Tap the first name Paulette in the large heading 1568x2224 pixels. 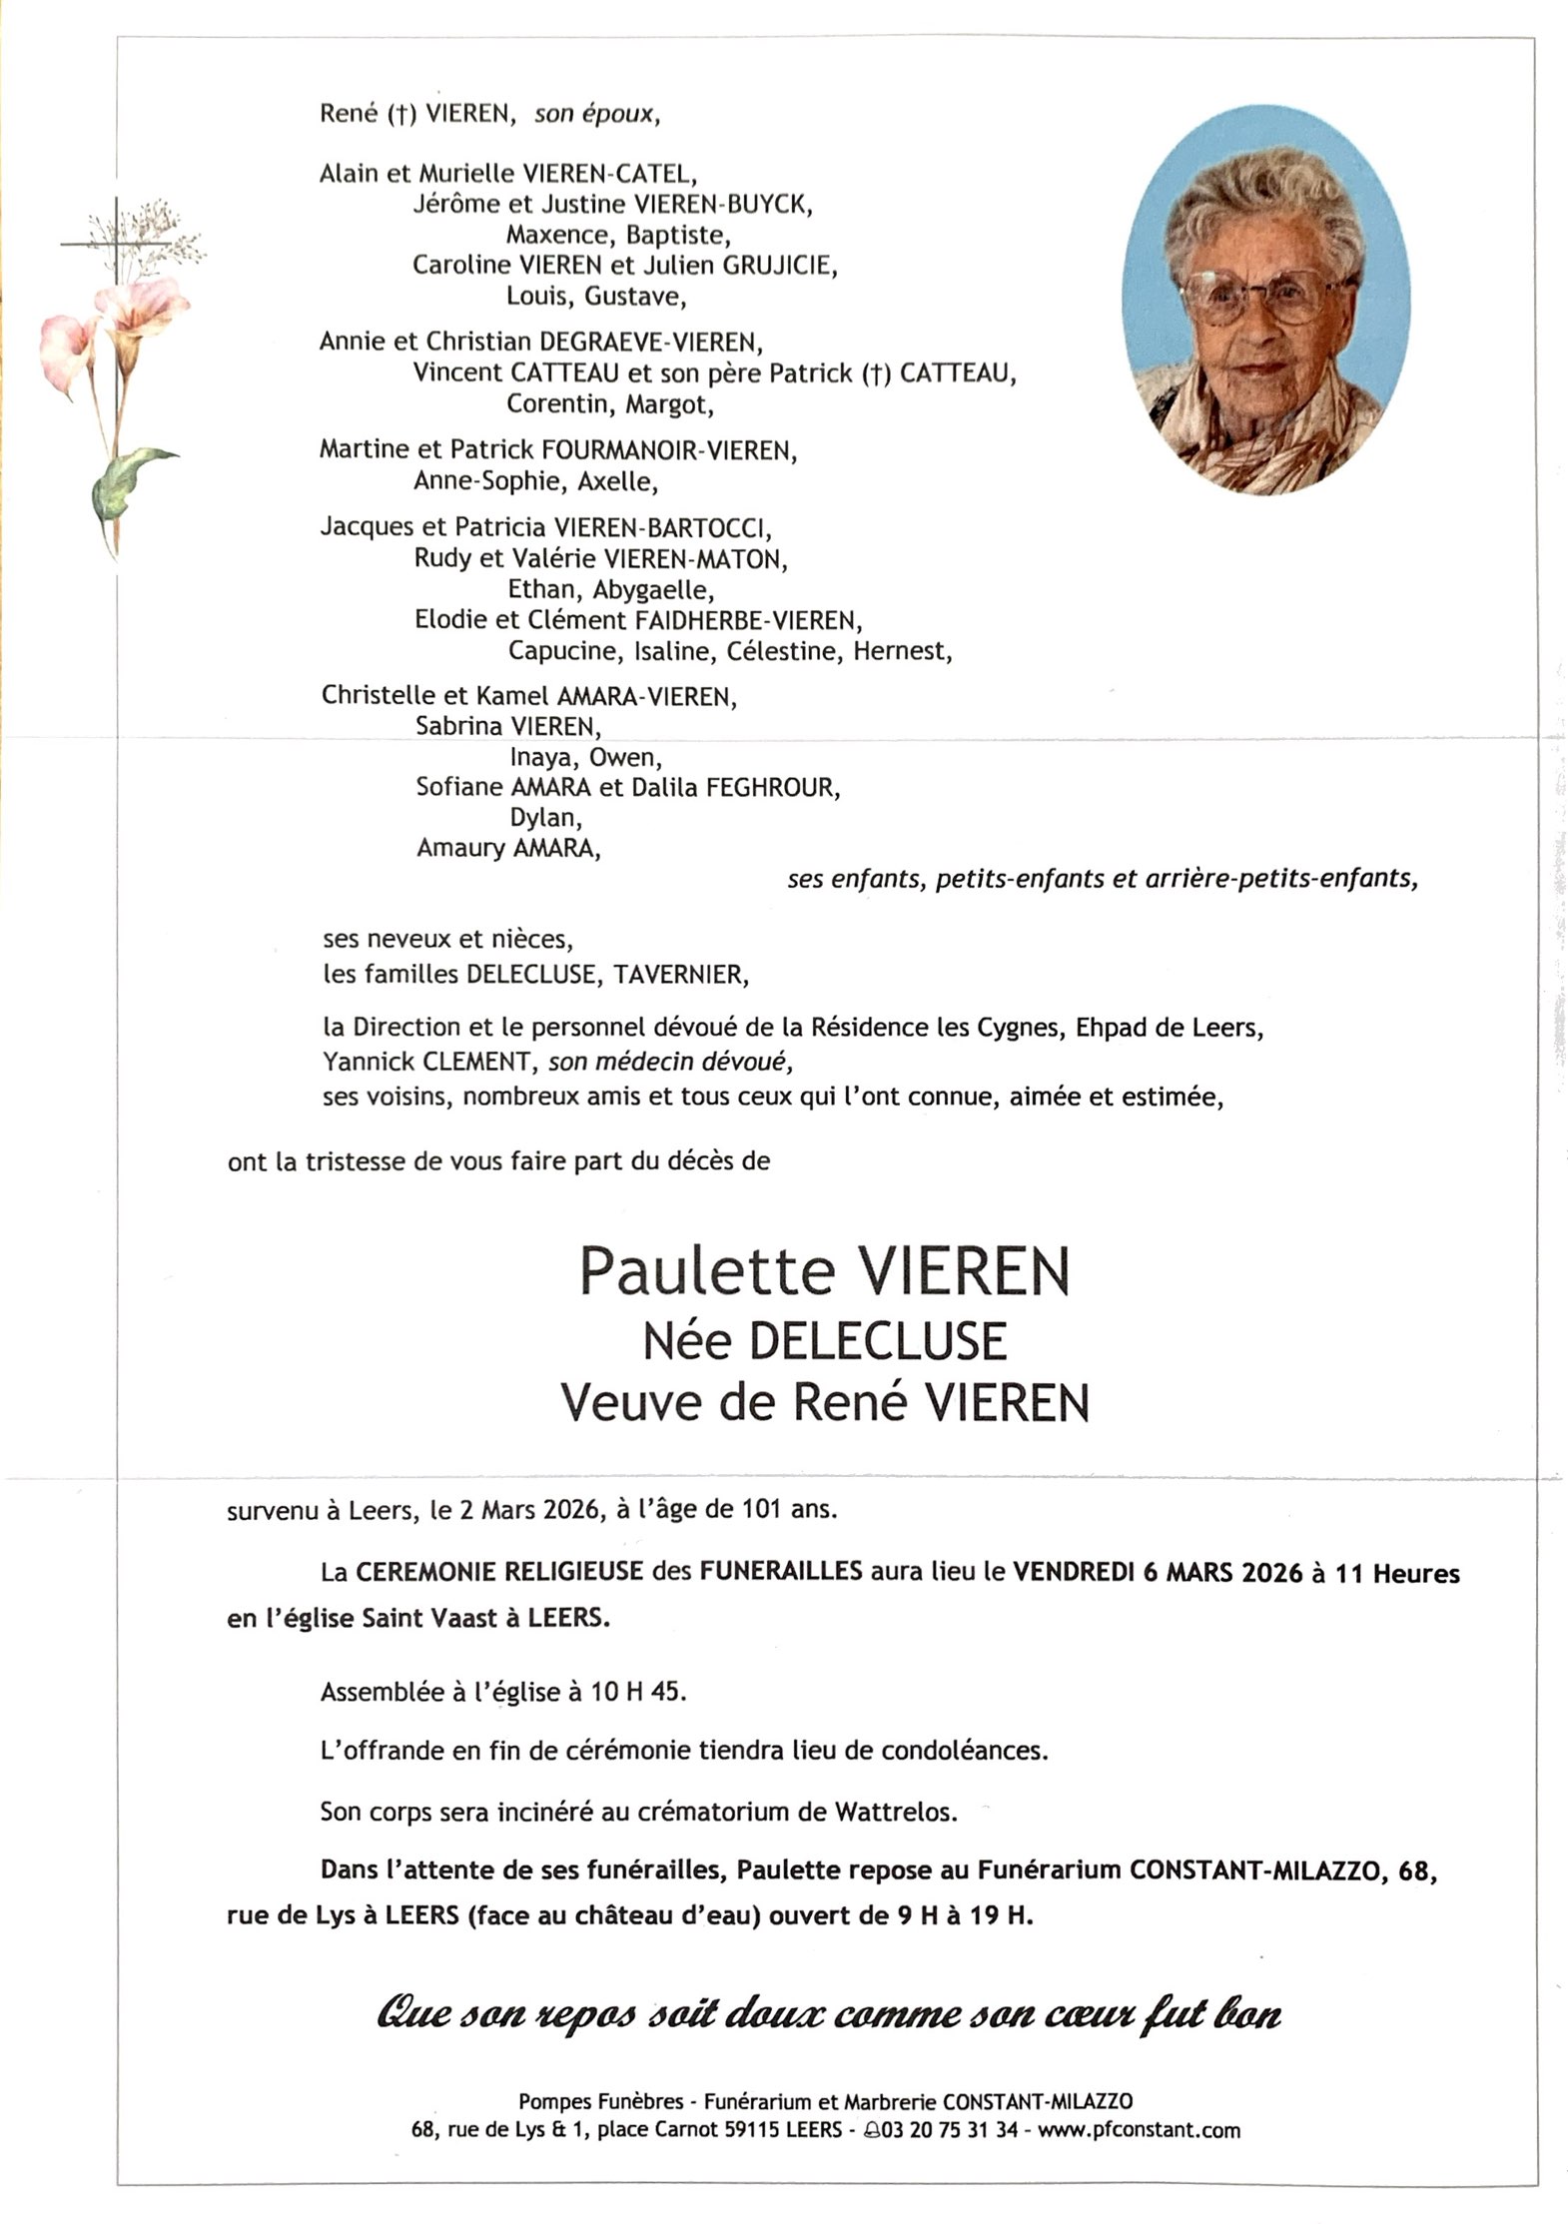point(706,1271)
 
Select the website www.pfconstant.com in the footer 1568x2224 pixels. point(1139,2130)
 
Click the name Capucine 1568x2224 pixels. point(562,652)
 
